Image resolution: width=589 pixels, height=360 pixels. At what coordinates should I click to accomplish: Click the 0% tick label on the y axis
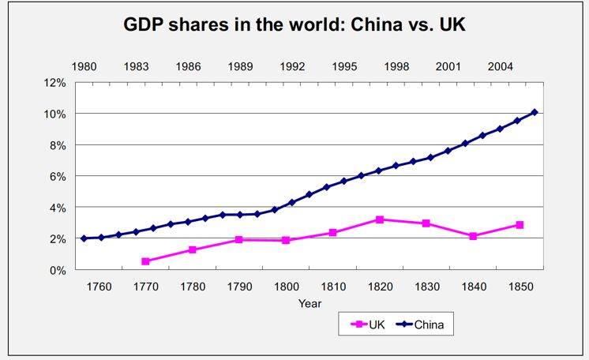point(58,270)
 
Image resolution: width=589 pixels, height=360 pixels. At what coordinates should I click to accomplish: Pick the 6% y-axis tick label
point(58,176)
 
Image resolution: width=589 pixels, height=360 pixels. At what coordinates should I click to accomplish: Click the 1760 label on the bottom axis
point(99,286)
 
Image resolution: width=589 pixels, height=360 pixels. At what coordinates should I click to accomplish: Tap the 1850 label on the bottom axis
point(520,286)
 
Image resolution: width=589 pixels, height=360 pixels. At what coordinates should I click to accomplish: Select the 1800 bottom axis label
point(286,286)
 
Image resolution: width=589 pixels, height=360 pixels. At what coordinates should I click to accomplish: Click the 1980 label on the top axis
point(84,66)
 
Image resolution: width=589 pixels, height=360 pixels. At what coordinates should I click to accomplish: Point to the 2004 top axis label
point(501,66)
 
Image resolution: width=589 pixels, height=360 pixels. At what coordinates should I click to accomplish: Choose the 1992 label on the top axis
point(293,66)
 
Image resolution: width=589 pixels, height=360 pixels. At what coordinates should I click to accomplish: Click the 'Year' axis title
point(310,302)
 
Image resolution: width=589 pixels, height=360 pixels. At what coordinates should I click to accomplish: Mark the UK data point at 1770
point(146,261)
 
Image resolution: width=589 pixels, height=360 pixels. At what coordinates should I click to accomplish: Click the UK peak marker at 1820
point(380,219)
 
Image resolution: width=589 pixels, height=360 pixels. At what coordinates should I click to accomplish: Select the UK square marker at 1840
point(473,236)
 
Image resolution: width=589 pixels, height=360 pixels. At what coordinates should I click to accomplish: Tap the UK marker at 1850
point(520,225)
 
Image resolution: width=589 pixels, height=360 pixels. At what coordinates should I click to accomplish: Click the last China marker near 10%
point(535,112)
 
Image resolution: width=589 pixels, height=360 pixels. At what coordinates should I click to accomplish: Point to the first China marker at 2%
point(84,238)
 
